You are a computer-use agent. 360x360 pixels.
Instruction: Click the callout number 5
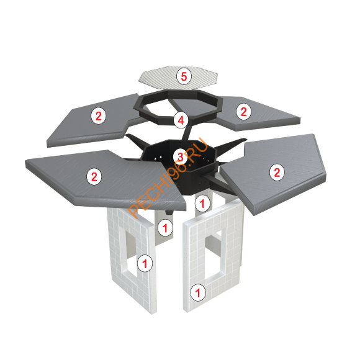click(x=184, y=76)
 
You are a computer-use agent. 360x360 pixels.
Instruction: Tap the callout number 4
click(x=181, y=120)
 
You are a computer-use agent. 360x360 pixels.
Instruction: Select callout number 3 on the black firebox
click(x=180, y=157)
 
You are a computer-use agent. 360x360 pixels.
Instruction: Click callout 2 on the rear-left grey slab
click(x=99, y=116)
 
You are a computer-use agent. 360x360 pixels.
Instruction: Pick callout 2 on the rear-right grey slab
click(x=243, y=111)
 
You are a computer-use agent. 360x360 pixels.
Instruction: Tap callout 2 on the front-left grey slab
click(x=94, y=176)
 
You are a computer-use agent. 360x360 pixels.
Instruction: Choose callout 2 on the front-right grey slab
click(x=277, y=173)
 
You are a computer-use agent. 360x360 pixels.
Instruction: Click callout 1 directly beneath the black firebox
click(x=202, y=203)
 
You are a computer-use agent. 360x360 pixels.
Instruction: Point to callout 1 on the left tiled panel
click(x=145, y=263)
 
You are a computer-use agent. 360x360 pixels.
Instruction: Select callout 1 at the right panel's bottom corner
click(x=197, y=292)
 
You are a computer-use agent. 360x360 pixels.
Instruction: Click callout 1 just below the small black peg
click(x=165, y=228)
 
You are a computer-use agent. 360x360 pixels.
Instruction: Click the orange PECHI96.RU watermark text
click(x=168, y=178)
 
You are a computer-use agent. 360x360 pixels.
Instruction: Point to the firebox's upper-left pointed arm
click(x=137, y=141)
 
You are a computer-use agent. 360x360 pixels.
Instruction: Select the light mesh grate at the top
click(x=178, y=78)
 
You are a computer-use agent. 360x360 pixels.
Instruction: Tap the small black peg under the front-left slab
click(x=169, y=212)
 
